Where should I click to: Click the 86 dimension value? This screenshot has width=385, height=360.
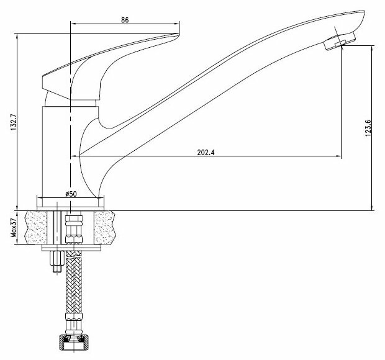[x=125, y=20]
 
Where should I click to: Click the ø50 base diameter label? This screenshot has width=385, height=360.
[x=71, y=195]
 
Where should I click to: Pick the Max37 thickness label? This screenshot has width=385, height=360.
[x=13, y=228]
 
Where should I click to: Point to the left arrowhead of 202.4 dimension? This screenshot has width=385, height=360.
[x=76, y=156]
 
